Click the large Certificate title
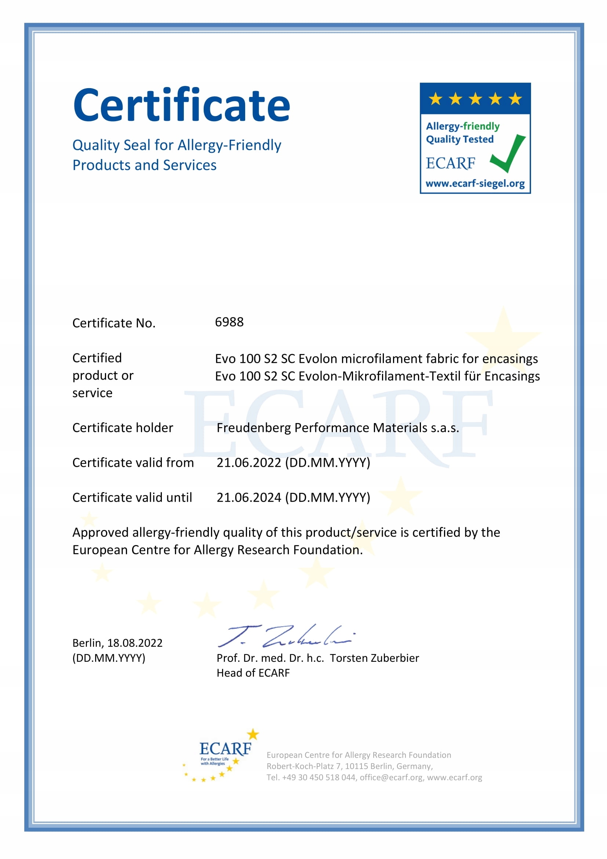pyautogui.click(x=182, y=105)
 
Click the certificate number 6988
pyautogui.click(x=229, y=322)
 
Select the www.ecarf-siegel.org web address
pyautogui.click(x=475, y=184)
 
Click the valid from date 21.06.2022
pyautogui.click(x=249, y=463)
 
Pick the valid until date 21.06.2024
pyautogui.click(x=249, y=498)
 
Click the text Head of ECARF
pyautogui.click(x=253, y=673)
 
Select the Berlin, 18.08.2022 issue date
pyautogui.click(x=117, y=643)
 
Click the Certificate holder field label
pyautogui.click(x=123, y=427)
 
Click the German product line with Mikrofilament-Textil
pyautogui.click(x=377, y=376)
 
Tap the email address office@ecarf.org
pyautogui.click(x=391, y=777)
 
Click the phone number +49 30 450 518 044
pyautogui.click(x=319, y=777)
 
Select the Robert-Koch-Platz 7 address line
pyautogui.click(x=349, y=766)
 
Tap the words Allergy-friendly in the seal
pyautogui.click(x=463, y=126)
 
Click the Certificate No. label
pyautogui.click(x=114, y=323)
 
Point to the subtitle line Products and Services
pyautogui.click(x=144, y=165)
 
